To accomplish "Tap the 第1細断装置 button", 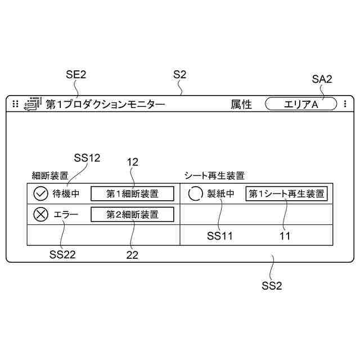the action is click(x=132, y=194).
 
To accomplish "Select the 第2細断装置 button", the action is click(x=132, y=214).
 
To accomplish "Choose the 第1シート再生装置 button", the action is click(x=286, y=194).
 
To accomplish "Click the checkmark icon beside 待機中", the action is click(x=40, y=194).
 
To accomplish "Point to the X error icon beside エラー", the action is click(x=40, y=214).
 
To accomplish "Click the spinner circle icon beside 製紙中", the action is click(x=195, y=194).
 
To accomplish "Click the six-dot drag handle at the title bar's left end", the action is click(x=15, y=104).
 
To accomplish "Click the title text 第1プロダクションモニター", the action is click(x=105, y=104).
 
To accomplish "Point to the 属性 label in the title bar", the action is click(x=241, y=104).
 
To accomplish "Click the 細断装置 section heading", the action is click(x=50, y=175).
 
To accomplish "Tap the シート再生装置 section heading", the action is click(x=214, y=175).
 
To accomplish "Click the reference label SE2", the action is click(x=76, y=74).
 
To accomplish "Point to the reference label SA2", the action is click(x=322, y=79).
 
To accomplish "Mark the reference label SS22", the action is click(x=62, y=254).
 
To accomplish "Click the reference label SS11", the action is click(x=219, y=236).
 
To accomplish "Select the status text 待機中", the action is click(x=66, y=194).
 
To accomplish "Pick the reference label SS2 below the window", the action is click(x=272, y=285).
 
